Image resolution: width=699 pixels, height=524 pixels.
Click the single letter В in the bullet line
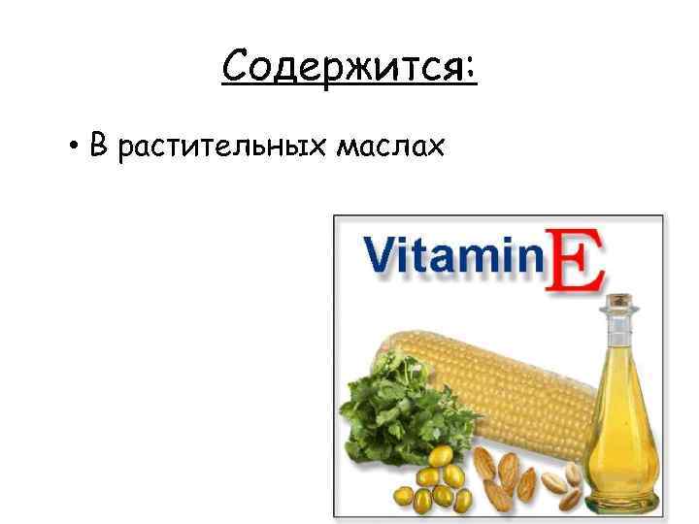pos(97,147)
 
